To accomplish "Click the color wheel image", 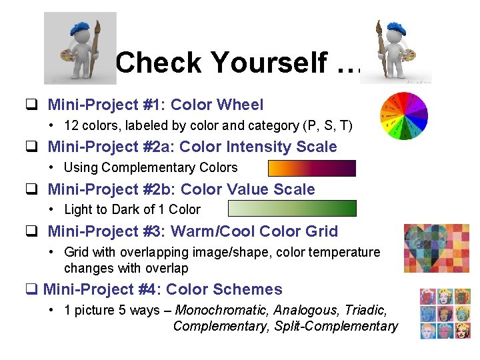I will tap(405, 116).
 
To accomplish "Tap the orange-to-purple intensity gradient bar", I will tap(311, 168).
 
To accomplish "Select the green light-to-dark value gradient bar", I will tap(292, 209).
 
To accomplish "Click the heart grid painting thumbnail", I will tap(436, 248).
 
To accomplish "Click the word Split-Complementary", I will tap(336, 326).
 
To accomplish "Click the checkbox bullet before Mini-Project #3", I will tap(31, 232).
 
